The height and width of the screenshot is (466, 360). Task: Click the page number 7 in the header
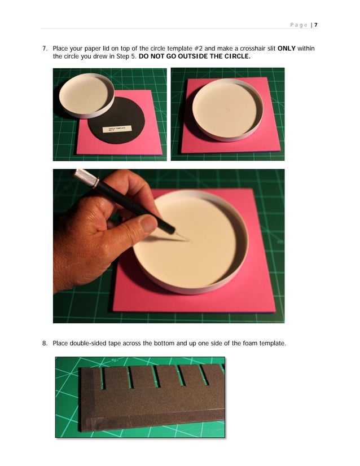click(x=316, y=25)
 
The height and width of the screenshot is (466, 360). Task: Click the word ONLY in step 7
click(x=288, y=49)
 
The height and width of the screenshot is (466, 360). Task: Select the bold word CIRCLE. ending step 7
click(x=238, y=57)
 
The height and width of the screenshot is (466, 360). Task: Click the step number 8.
click(x=45, y=343)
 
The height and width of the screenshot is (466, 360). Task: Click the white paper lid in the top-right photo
click(x=227, y=109)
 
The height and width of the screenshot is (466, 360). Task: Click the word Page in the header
click(x=298, y=25)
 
